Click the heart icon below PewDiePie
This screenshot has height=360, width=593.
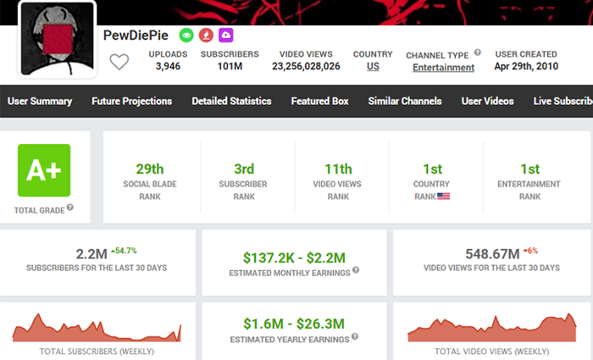[119, 61]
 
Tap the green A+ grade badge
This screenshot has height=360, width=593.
[44, 170]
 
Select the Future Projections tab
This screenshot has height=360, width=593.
[131, 102]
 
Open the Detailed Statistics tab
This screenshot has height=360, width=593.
[231, 102]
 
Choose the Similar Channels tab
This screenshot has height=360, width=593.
[404, 102]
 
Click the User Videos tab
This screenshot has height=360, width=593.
[487, 102]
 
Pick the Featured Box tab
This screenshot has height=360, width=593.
[319, 102]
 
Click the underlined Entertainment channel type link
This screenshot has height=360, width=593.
[442, 67]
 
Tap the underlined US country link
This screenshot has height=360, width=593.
[373, 66]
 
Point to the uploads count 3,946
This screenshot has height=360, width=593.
[168, 66]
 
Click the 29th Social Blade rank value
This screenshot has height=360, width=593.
[149, 169]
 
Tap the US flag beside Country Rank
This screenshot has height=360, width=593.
[443, 197]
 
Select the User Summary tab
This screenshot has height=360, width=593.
[40, 102]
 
